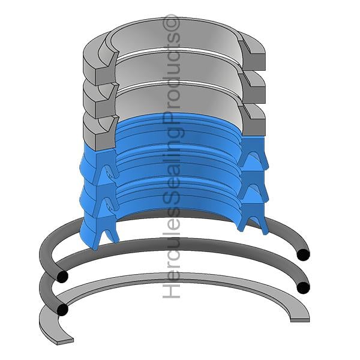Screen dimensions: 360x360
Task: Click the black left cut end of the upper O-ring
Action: click(x=62, y=276)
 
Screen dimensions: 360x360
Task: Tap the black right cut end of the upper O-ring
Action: click(x=303, y=254)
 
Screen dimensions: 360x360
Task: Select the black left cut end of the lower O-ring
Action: click(x=62, y=310)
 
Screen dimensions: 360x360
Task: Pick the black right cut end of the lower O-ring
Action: click(x=303, y=287)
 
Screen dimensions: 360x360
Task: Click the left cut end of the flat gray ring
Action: click(x=65, y=340)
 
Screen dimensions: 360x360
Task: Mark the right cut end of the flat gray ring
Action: click(x=300, y=319)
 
